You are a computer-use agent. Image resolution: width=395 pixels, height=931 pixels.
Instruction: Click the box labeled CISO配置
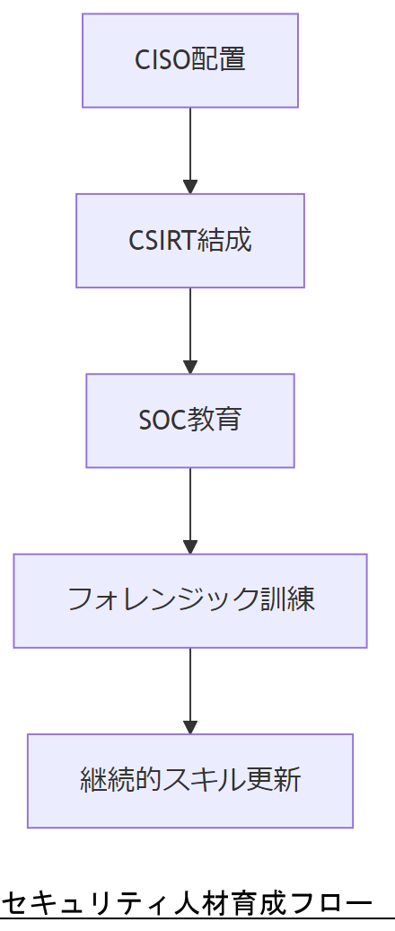[x=189, y=60]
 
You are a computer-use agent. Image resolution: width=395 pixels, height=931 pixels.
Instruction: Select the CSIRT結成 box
[x=189, y=240]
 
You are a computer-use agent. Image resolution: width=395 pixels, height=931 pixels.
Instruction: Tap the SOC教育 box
[x=189, y=420]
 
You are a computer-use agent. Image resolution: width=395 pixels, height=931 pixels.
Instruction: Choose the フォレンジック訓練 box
[x=189, y=599]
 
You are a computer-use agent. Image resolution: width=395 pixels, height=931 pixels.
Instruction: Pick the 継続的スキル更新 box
[x=189, y=780]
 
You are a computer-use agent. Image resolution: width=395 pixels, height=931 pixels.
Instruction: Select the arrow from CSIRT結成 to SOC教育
[x=189, y=330]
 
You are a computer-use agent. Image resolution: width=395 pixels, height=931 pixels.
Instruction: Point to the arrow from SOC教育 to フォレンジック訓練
[x=189, y=510]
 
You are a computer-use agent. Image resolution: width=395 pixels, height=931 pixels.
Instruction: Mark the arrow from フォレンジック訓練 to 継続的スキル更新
[x=189, y=689]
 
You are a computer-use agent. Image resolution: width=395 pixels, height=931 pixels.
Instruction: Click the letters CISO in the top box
[x=162, y=60]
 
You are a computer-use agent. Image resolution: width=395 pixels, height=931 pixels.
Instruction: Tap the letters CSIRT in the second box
[x=162, y=241]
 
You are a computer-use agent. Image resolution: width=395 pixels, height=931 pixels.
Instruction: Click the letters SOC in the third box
[x=162, y=421]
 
